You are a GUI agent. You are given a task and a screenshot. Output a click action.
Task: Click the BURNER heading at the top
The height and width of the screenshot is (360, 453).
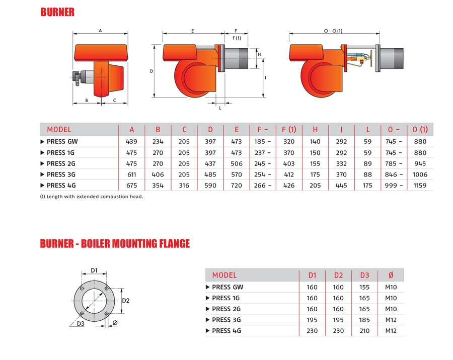(x=57, y=12)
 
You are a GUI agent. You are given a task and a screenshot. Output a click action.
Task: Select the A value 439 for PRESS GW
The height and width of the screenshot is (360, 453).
(x=132, y=142)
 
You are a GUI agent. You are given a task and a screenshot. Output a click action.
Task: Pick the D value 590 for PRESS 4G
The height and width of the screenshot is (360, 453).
(x=210, y=186)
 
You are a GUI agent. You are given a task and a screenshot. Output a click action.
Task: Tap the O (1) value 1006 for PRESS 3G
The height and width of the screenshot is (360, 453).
(x=419, y=174)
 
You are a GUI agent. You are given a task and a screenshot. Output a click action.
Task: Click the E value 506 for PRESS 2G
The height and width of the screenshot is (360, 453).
(x=236, y=163)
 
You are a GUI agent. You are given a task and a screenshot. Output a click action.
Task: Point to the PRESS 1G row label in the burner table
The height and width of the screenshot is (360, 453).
(x=60, y=153)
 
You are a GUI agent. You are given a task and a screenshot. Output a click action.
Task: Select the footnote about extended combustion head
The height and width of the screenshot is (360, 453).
(x=92, y=197)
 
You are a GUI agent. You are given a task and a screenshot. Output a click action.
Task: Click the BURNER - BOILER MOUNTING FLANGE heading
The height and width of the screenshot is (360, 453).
(x=115, y=244)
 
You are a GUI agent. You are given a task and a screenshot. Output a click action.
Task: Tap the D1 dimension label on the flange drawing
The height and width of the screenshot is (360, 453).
(x=94, y=271)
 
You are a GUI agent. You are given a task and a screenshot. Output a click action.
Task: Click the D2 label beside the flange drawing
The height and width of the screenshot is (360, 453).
(x=126, y=301)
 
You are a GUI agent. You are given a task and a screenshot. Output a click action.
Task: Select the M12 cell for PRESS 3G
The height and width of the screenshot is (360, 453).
(x=391, y=320)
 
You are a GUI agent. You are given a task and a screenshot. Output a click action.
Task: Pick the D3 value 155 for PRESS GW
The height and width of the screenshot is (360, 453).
(x=364, y=288)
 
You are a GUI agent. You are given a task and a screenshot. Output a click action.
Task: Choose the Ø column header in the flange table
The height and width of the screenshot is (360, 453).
(x=391, y=275)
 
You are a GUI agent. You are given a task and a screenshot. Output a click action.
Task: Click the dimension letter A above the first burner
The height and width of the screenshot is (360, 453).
(x=100, y=31)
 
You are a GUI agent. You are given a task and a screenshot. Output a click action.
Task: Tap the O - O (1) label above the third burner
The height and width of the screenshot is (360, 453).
(x=333, y=31)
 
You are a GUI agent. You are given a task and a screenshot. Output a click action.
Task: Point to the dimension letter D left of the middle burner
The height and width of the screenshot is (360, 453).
(x=152, y=71)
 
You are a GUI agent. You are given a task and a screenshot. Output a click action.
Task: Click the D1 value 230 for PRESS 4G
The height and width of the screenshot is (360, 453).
(x=312, y=331)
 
